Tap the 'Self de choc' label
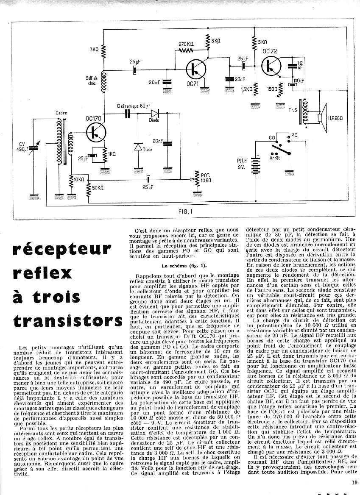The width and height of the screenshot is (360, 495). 92,81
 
